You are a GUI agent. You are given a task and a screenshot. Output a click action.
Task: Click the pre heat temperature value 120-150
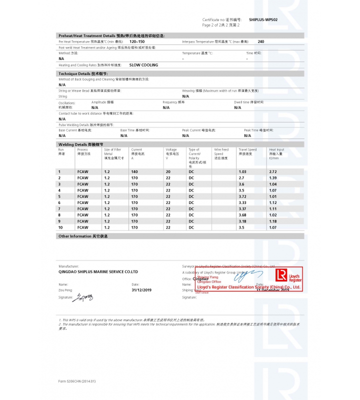pos(137,42)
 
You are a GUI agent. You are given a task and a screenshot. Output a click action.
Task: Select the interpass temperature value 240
pos(261,42)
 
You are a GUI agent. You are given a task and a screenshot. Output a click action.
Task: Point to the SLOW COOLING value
pos(143,65)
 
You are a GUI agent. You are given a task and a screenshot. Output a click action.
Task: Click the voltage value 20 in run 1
pos(168,171)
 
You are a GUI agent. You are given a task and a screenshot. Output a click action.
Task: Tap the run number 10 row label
pos(60,227)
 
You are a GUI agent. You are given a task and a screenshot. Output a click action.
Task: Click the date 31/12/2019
pos(141,290)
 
